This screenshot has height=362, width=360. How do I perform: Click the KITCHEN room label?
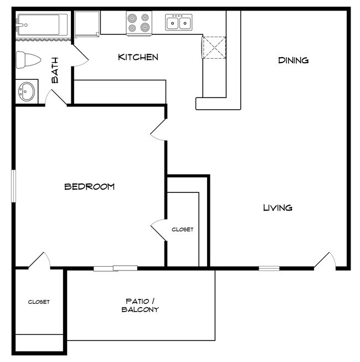pos(138,57)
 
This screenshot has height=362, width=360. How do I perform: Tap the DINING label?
pos(293,60)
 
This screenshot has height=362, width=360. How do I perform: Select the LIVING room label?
pos(277,208)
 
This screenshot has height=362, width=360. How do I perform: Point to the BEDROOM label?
pos(89,186)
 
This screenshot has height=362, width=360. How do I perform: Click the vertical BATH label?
pos(55,70)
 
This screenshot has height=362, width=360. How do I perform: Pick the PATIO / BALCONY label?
pos(140,305)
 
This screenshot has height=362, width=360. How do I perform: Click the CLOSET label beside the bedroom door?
pos(182,229)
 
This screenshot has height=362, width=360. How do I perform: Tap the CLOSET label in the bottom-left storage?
pos(39,302)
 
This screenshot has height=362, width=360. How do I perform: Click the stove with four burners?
pos(138,23)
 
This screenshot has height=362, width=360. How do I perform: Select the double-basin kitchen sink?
pos(179,23)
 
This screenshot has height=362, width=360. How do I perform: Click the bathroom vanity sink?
pos(26,90)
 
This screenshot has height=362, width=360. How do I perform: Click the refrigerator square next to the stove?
pos(87,23)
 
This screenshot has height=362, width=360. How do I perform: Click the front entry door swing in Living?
pos(325,260)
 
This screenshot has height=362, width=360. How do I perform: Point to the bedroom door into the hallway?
pos(158,131)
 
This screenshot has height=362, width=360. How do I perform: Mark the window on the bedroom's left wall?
pos(14,186)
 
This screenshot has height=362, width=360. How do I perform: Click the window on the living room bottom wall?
pos(269,268)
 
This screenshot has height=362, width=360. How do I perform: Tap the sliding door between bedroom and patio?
pos(115,268)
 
